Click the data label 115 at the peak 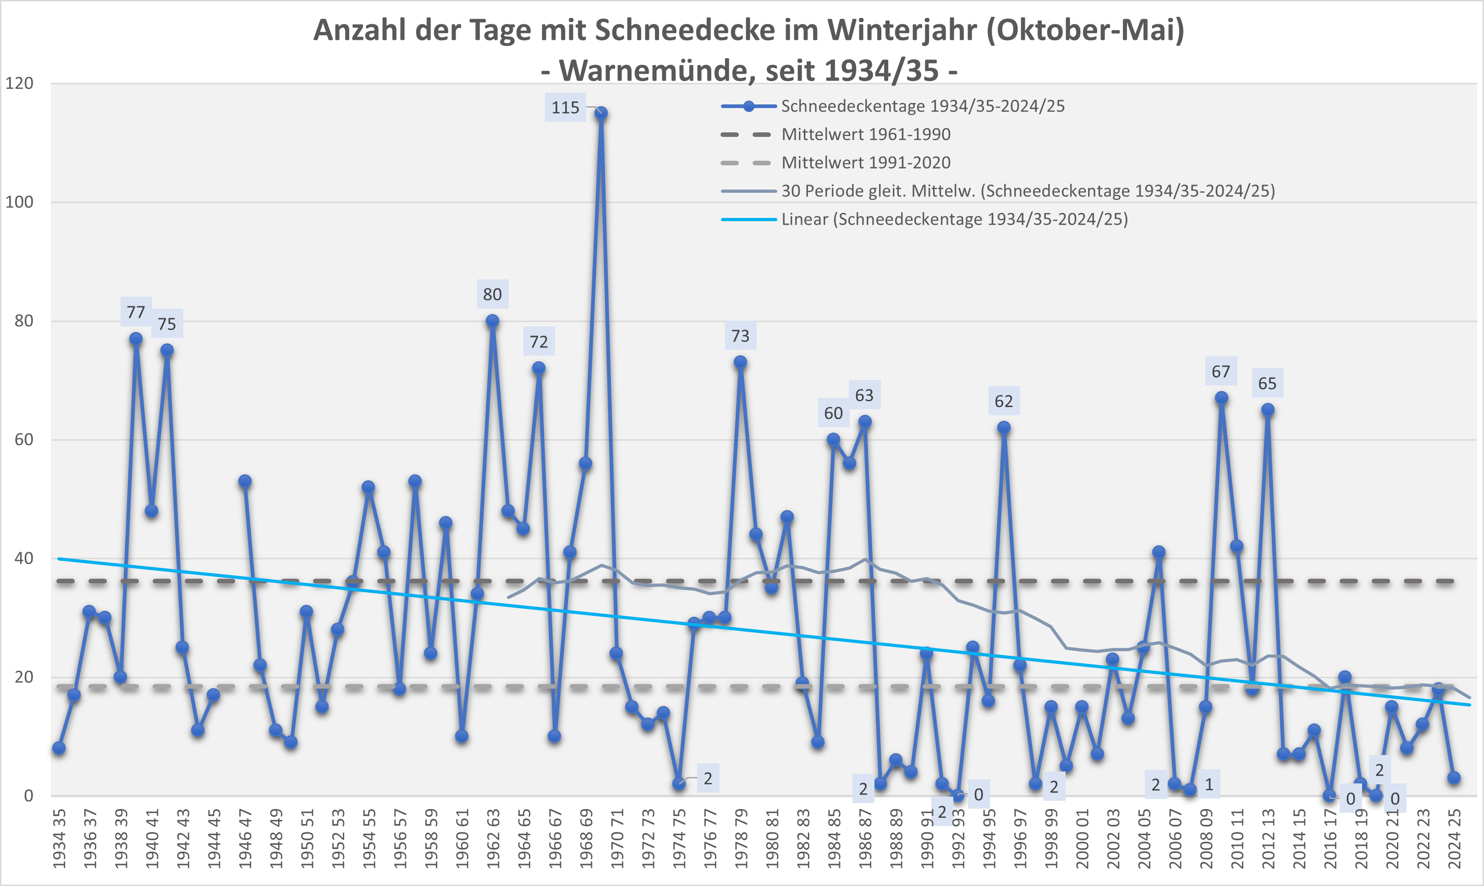tap(565, 108)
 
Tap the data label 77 tap(136, 312)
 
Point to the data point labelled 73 tap(740, 362)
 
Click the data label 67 tap(1220, 371)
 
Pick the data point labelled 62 tap(1004, 428)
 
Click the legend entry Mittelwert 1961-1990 tap(866, 134)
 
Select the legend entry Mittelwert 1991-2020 tap(866, 163)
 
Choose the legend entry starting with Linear tap(954, 219)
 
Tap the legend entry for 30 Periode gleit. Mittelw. tap(1028, 191)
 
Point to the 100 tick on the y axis tap(19, 202)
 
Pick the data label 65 tap(1267, 383)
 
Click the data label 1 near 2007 tap(1209, 784)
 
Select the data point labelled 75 tap(167, 350)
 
